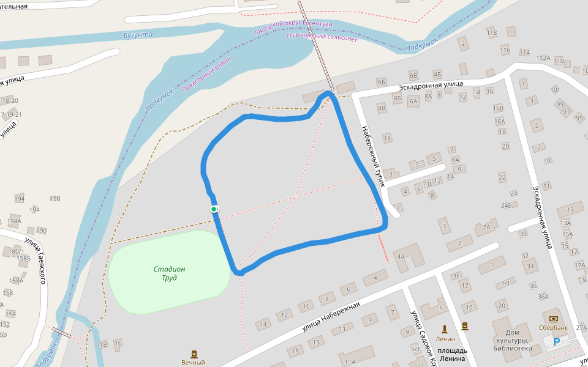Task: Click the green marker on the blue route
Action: [x=214, y=209]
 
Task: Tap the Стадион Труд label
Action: [x=170, y=273]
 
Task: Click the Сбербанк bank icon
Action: [x=554, y=319]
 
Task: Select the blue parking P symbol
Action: [x=557, y=342]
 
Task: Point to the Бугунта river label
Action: [x=138, y=35]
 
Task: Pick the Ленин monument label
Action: [x=445, y=338]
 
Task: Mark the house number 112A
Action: [x=543, y=58]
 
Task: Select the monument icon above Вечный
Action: [x=194, y=354]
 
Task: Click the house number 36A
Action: [x=543, y=297]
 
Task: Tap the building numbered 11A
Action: [x=350, y=361]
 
